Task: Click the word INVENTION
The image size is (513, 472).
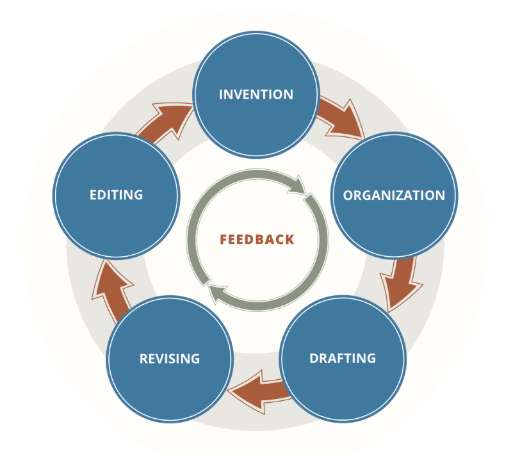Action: pos(256,94)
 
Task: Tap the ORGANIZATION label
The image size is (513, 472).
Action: pos(394,195)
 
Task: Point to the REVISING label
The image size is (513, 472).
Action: pos(170,358)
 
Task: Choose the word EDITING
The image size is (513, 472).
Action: pos(116,195)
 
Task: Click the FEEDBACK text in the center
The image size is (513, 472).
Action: pos(257,240)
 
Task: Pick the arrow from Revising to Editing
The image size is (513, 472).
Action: pos(109,288)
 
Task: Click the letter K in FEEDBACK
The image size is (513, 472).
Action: pos(290,240)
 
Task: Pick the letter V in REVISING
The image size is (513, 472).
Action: pos(159,358)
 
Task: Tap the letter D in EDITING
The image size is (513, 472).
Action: pos(102,195)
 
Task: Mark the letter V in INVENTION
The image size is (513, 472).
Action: pos(242,94)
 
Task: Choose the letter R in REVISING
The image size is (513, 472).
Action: pos(143,358)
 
